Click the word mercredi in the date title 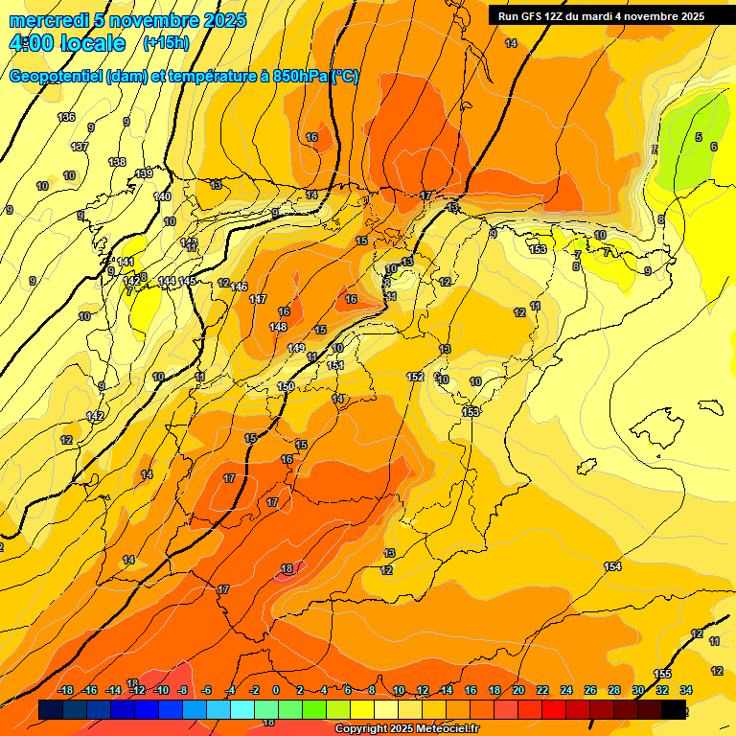point(48,20)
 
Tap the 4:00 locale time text point(66,43)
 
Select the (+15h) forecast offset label point(166,43)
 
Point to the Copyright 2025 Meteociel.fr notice point(406,729)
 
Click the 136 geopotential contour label point(66,117)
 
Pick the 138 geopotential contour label point(117,162)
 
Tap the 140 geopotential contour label point(162,196)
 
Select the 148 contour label point(278,327)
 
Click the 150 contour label point(286,386)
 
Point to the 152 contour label point(415,377)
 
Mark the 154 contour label point(612,566)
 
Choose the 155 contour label point(662,674)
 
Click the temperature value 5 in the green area point(699,137)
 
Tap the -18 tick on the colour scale point(65,690)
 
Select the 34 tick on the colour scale point(686,690)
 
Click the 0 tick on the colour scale point(276,690)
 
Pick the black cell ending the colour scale point(674,709)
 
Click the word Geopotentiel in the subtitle point(56,77)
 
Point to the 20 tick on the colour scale point(517,690)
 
